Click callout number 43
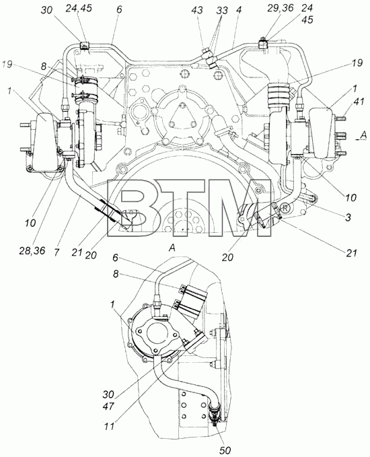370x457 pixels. click(x=197, y=11)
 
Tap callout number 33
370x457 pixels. click(x=222, y=11)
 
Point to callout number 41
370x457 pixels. click(x=350, y=102)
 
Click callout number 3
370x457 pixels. click(x=348, y=217)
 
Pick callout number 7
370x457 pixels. click(x=57, y=252)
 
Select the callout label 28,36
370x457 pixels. click(x=32, y=250)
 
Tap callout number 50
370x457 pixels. click(x=225, y=450)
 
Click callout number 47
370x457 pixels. click(x=108, y=406)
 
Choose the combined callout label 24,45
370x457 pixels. click(x=78, y=8)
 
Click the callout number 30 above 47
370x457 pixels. click(x=108, y=394)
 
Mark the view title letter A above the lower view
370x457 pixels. click(x=172, y=248)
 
